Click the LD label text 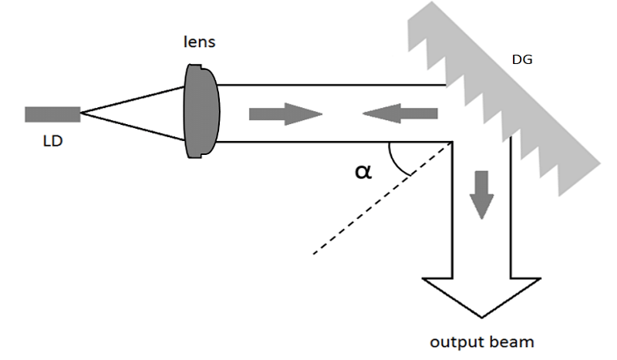point(52,141)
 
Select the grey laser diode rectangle point(52,115)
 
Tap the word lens point(200,42)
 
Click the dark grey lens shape point(201,111)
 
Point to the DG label point(522,59)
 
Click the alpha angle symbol point(362,172)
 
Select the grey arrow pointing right point(285,114)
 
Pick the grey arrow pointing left point(400,113)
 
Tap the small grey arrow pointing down point(481,195)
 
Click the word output point(457,342)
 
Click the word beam point(511,341)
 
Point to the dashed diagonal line point(382,198)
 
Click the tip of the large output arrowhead point(481,318)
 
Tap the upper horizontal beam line point(332,85)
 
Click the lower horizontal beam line point(335,142)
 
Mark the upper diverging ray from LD point(133,100)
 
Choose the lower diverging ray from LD point(133,126)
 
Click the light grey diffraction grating point(504,99)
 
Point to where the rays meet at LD point(82,113)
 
